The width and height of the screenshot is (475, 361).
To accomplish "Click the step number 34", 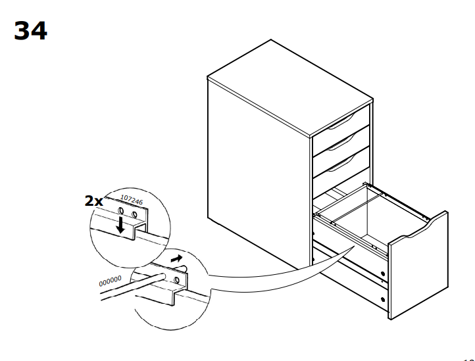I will pos(30,31).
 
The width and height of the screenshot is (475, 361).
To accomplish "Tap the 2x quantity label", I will pos(94,201).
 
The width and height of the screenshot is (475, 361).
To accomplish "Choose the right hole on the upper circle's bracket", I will pos(135,215).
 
